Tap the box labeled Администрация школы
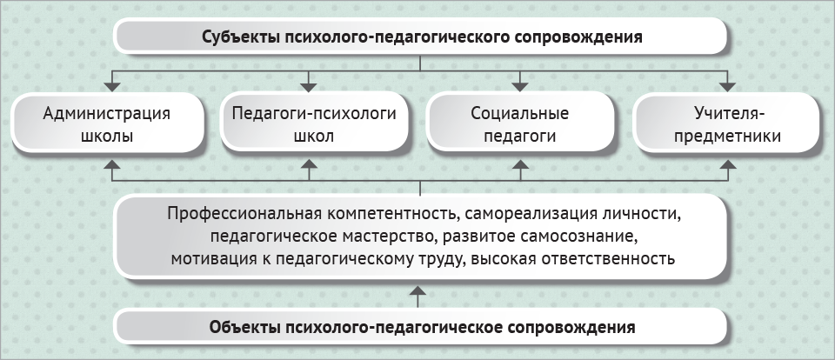click(107, 123)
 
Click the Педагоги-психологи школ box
click(314, 123)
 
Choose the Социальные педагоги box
click(520, 123)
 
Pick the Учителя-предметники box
click(727, 123)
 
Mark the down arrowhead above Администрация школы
click(112, 87)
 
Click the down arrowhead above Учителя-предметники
click(728, 87)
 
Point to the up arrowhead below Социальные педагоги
click(520, 164)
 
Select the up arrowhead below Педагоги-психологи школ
click(310, 164)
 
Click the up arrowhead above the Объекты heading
click(419, 290)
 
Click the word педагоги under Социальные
click(520, 137)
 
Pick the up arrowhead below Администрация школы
click(112, 164)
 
